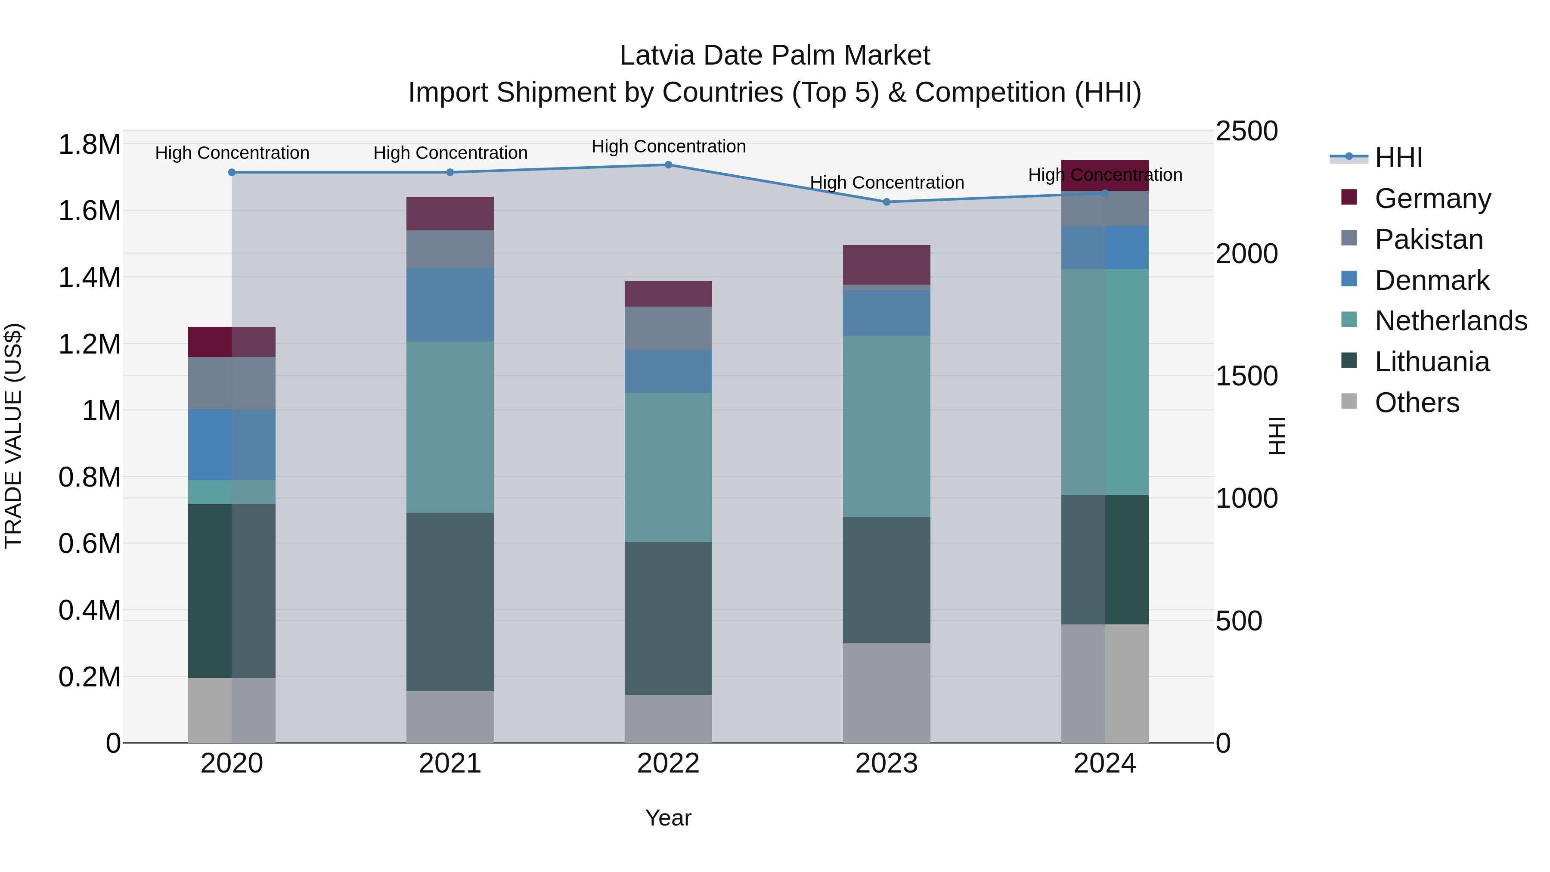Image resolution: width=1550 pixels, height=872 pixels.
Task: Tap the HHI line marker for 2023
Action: pyautogui.click(x=887, y=202)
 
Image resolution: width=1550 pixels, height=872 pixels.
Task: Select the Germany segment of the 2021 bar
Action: pyautogui.click(x=450, y=214)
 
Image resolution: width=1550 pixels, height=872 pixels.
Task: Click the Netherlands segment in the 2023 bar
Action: pyautogui.click(x=887, y=426)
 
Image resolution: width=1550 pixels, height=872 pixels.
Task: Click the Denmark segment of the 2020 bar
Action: pyautogui.click(x=232, y=445)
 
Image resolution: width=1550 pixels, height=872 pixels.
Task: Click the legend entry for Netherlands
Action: pyautogui.click(x=1450, y=321)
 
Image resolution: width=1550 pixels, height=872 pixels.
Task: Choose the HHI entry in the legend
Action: pyautogui.click(x=1398, y=158)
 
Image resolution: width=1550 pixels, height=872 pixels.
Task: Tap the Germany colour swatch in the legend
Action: pyautogui.click(x=1349, y=197)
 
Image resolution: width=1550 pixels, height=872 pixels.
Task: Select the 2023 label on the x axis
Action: pyautogui.click(x=887, y=763)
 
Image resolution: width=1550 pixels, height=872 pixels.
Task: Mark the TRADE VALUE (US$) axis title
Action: pyautogui.click(x=13, y=436)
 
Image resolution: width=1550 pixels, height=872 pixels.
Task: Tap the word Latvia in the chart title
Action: pyautogui.click(x=657, y=56)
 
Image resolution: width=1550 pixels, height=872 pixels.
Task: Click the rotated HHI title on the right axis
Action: pyautogui.click(x=1276, y=436)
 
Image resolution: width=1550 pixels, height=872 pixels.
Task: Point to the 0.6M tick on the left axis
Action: pyautogui.click(x=89, y=543)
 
